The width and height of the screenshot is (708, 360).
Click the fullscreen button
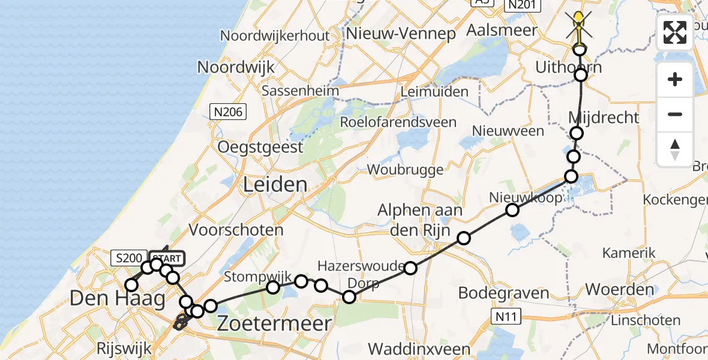675,32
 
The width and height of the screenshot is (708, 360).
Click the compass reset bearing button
675,149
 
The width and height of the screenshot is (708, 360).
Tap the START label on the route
167,259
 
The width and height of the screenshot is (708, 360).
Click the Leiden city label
275,185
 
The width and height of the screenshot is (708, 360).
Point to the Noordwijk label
236,67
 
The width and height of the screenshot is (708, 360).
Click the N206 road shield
227,111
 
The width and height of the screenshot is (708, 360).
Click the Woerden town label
620,289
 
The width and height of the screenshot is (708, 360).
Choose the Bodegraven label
503,293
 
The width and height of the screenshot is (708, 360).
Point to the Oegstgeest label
260,147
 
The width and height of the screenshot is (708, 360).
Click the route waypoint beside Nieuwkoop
512,210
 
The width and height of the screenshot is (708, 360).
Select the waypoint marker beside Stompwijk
273,287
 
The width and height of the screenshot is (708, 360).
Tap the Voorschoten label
236,230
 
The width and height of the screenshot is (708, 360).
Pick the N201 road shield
521,5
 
